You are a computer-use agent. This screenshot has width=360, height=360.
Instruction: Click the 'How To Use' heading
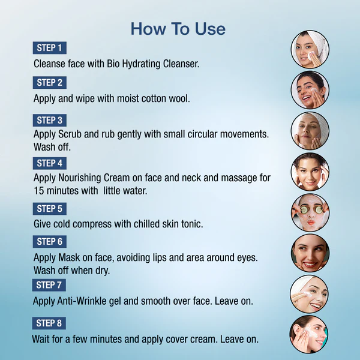[178, 29]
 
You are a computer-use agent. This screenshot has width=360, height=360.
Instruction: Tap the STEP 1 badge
[50, 48]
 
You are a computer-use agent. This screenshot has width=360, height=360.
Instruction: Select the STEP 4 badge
[50, 163]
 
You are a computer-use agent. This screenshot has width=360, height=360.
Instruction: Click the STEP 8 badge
[49, 323]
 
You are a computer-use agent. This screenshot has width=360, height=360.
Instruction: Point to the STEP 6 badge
[50, 242]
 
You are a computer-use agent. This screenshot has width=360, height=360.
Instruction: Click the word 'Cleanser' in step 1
[181, 64]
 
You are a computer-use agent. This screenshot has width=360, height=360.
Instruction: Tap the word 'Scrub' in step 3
[70, 134]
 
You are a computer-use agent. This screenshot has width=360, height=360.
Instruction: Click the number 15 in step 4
[39, 191]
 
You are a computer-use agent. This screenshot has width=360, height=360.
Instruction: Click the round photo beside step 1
[310, 49]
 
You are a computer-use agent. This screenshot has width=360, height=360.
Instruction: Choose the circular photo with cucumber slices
[310, 212]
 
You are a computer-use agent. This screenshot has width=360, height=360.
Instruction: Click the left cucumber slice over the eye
[304, 209]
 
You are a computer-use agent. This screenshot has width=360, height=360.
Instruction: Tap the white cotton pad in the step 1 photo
[311, 55]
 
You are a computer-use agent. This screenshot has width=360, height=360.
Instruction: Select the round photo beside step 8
[309, 334]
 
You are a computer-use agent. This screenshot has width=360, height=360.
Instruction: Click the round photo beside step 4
[310, 172]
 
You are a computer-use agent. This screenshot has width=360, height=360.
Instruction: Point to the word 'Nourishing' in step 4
[80, 178]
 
